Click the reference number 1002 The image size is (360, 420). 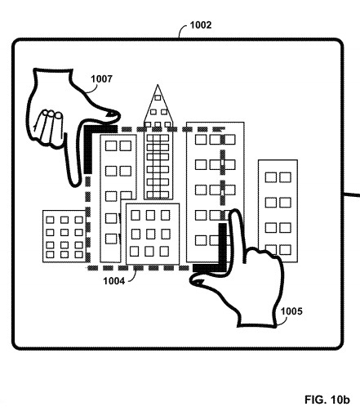tap(201, 25)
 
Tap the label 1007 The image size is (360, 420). tap(101, 79)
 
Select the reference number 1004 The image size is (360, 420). tap(114, 281)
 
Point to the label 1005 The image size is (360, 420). tap(291, 311)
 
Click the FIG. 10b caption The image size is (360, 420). tap(327, 400)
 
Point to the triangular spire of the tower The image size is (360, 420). tap(158, 106)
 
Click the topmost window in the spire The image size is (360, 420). tap(158, 97)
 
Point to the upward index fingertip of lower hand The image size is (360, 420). tap(234, 213)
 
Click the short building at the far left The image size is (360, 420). tap(64, 236)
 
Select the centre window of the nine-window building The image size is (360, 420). tap(150, 234)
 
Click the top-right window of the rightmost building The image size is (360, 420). tap(285, 177)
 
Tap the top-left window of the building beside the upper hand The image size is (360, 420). tap(111, 145)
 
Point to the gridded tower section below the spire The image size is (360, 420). tap(158, 166)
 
